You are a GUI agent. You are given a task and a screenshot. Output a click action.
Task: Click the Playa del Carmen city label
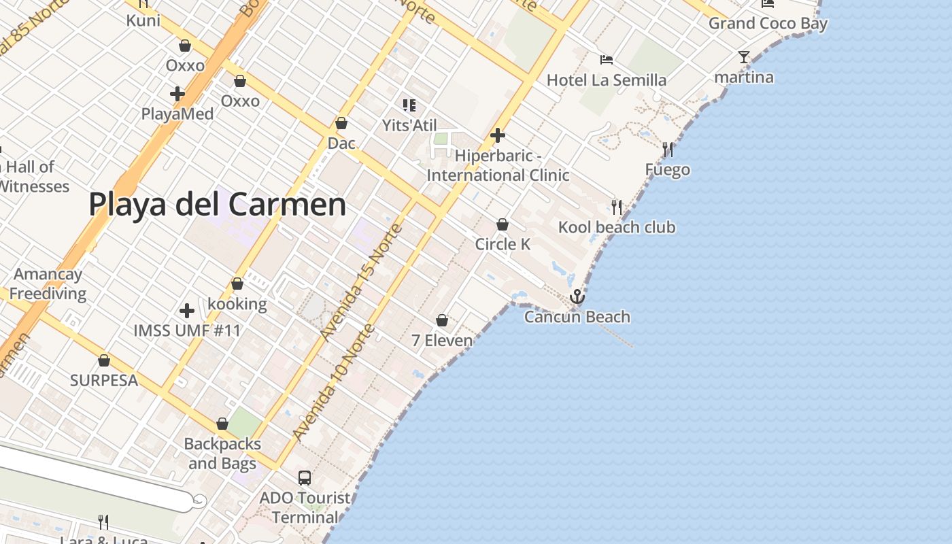tap(217, 204)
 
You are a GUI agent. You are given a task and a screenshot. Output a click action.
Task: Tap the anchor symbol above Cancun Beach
tap(577, 296)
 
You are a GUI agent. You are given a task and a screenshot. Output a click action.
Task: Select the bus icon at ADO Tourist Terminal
tap(304, 478)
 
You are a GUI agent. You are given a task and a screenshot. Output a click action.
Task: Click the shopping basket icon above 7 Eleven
tap(442, 320)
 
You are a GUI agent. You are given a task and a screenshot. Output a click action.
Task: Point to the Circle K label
tap(503, 244)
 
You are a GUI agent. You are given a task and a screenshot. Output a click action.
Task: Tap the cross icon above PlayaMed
tap(177, 94)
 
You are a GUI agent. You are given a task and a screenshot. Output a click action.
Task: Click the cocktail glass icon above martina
tap(744, 57)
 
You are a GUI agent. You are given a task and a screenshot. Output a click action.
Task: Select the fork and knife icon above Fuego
tap(668, 150)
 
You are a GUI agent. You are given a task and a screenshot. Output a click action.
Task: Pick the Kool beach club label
tap(617, 227)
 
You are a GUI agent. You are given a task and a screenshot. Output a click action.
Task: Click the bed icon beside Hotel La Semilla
tap(607, 60)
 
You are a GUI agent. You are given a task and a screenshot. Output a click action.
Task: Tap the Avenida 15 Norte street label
tap(362, 282)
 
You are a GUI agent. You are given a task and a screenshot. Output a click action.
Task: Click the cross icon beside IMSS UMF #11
tap(187, 311)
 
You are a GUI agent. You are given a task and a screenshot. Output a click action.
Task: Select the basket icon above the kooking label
tap(237, 284)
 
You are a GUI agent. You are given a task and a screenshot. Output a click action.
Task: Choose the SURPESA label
tap(104, 380)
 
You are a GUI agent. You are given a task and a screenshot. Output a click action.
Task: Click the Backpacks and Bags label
tap(222, 454)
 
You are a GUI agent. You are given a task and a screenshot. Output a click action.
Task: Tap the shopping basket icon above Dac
tap(341, 123)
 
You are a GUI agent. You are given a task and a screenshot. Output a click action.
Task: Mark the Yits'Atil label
tap(409, 125)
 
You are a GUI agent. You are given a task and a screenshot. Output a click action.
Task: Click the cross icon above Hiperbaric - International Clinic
tap(498, 135)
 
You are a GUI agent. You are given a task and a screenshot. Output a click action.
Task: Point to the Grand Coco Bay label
tap(768, 24)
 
